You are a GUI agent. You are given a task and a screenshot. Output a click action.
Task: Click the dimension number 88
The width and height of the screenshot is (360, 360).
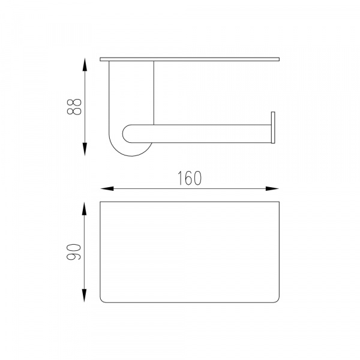[x=74, y=107]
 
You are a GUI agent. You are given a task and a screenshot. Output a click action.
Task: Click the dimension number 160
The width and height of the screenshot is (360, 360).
[x=190, y=178]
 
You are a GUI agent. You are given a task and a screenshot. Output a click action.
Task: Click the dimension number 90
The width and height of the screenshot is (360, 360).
[x=74, y=251]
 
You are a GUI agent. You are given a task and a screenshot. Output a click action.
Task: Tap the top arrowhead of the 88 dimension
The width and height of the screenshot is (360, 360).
[x=85, y=65]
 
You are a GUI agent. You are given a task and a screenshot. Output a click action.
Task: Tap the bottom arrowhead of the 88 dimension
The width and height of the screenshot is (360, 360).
[x=85, y=149]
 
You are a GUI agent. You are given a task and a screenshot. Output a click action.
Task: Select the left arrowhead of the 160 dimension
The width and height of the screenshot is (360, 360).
[x=107, y=189]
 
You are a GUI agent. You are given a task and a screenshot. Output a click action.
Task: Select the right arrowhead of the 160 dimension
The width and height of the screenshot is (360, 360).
[x=272, y=189]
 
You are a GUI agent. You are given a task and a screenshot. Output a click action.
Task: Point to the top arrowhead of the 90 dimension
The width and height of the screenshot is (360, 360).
[x=85, y=208]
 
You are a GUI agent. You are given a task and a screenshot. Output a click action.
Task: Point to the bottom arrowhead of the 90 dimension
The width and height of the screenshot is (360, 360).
[x=85, y=295]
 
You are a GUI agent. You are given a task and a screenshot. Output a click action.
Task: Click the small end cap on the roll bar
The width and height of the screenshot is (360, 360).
[x=273, y=128]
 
